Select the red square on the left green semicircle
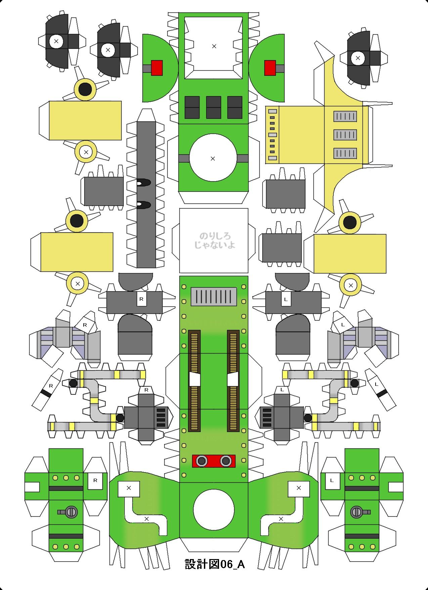tap(157, 68)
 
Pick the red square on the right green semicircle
tap(270, 68)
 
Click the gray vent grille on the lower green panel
tap(214, 296)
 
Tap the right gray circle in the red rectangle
tap(225, 460)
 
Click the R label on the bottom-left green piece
tap(95, 480)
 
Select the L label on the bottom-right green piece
tap(332, 480)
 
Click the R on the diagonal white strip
tap(51, 386)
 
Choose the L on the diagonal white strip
tap(376, 384)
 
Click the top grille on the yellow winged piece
tap(345, 116)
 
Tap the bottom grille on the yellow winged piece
tap(345, 153)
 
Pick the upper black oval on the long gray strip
tap(143, 183)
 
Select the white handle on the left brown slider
tap(194, 380)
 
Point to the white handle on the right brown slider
tap(232, 380)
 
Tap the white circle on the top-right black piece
tap(357, 58)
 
